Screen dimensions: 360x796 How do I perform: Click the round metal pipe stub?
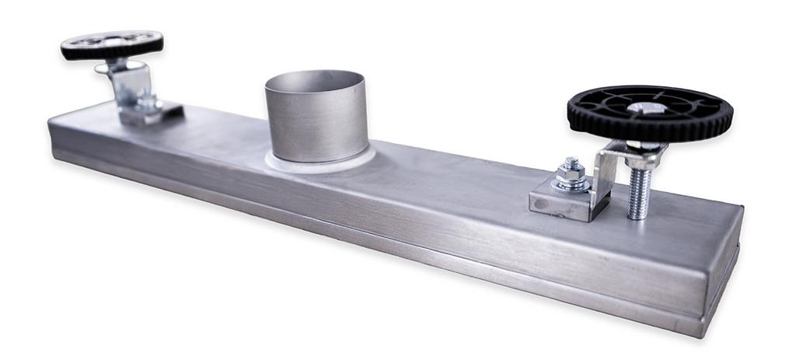(314, 124)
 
